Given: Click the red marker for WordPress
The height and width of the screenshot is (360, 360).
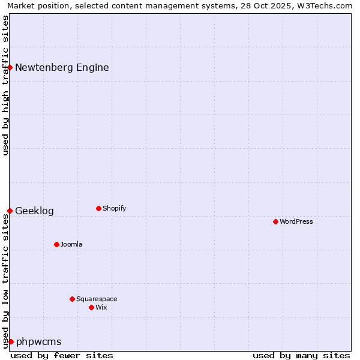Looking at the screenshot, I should point(275,221).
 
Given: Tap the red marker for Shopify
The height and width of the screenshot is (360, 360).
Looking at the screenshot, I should point(98,208).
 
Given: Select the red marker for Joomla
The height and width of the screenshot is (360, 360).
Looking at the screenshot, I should point(56,244).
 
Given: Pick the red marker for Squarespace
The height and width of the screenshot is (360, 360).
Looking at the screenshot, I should point(72,299).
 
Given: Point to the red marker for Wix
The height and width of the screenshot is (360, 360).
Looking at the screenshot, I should point(91,307).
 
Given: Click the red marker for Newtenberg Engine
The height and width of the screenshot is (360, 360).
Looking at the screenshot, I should point(10,67).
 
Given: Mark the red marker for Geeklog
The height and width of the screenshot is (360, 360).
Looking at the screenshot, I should point(10,211).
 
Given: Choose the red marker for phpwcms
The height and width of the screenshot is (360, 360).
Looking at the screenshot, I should point(11,341).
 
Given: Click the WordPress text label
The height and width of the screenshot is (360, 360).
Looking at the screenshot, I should point(296,221).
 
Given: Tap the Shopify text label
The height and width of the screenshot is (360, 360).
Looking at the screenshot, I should point(115,208).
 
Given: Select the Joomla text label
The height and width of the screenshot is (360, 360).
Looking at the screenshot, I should point(71,244).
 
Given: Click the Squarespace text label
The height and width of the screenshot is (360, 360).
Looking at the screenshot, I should point(97,299).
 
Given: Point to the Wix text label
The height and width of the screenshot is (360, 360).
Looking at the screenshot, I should point(101,307).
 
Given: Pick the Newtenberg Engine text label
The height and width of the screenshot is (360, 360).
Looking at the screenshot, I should point(62,67).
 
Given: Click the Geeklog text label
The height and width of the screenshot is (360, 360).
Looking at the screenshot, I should point(34,211).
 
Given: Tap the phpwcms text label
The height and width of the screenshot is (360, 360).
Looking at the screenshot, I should point(39,341).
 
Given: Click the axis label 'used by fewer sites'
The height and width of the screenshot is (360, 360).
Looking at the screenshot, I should point(62,355).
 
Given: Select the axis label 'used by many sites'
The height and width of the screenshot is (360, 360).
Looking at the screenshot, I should point(301,355).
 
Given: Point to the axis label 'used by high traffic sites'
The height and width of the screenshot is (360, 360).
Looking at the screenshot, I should point(5,85).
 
